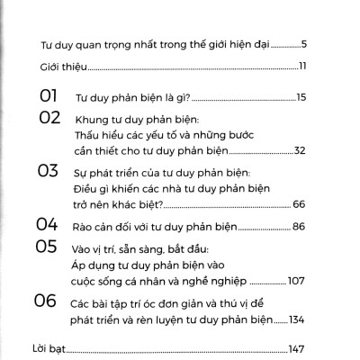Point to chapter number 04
click(47, 224)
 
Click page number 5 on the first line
click(306, 43)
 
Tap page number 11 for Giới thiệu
click(304, 67)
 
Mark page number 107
click(299, 279)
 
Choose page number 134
click(299, 319)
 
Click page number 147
click(298, 347)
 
